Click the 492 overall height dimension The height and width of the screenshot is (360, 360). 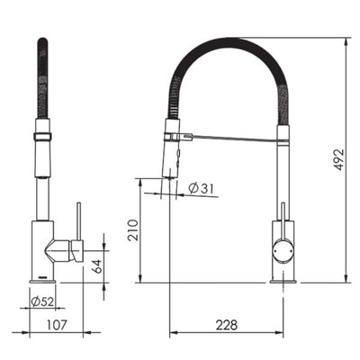(339, 158)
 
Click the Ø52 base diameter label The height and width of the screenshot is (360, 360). (42, 301)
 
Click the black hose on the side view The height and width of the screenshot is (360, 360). (40, 76)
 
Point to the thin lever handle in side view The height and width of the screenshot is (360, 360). (78, 220)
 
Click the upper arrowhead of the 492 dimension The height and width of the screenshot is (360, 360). (347, 41)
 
